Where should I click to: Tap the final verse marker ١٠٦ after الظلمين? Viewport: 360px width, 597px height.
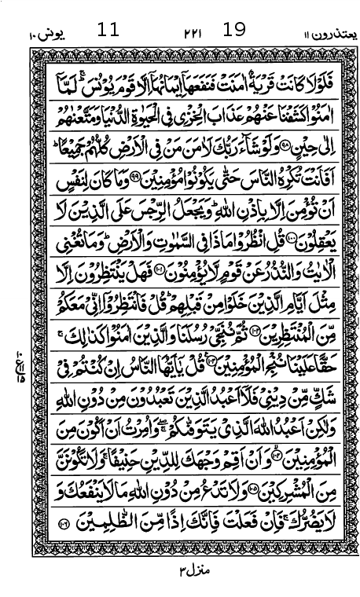pyautogui.click(x=65, y=522)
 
